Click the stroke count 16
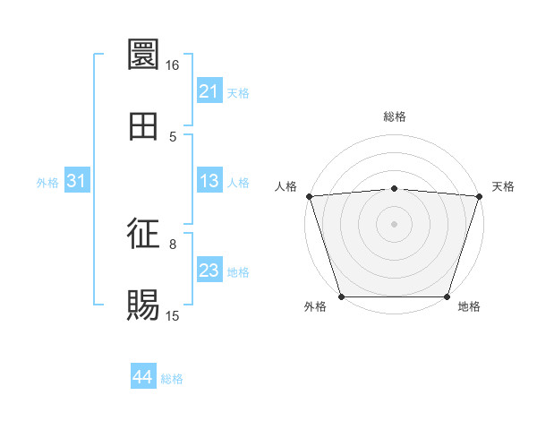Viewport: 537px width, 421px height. tap(172, 65)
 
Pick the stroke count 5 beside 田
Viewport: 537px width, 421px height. tap(174, 137)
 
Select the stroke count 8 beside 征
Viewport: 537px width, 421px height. tap(174, 244)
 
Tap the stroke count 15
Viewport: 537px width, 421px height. tap(173, 316)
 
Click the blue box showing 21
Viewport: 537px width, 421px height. tap(209, 91)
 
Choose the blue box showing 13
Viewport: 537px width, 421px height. tap(209, 181)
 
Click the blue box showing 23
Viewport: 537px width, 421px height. tap(209, 271)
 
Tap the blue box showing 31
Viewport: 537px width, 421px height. tap(77, 181)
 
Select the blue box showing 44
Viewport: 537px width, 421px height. tap(142, 377)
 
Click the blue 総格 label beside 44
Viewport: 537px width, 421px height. tap(173, 379)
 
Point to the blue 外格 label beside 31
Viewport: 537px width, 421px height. tap(47, 183)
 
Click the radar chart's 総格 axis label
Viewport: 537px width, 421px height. tap(394, 116)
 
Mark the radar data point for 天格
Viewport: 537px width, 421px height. tap(479, 195)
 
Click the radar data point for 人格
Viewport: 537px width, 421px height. tap(309, 195)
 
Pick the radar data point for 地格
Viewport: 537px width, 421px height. tap(447, 296)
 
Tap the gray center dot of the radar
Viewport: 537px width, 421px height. tap(394, 223)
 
